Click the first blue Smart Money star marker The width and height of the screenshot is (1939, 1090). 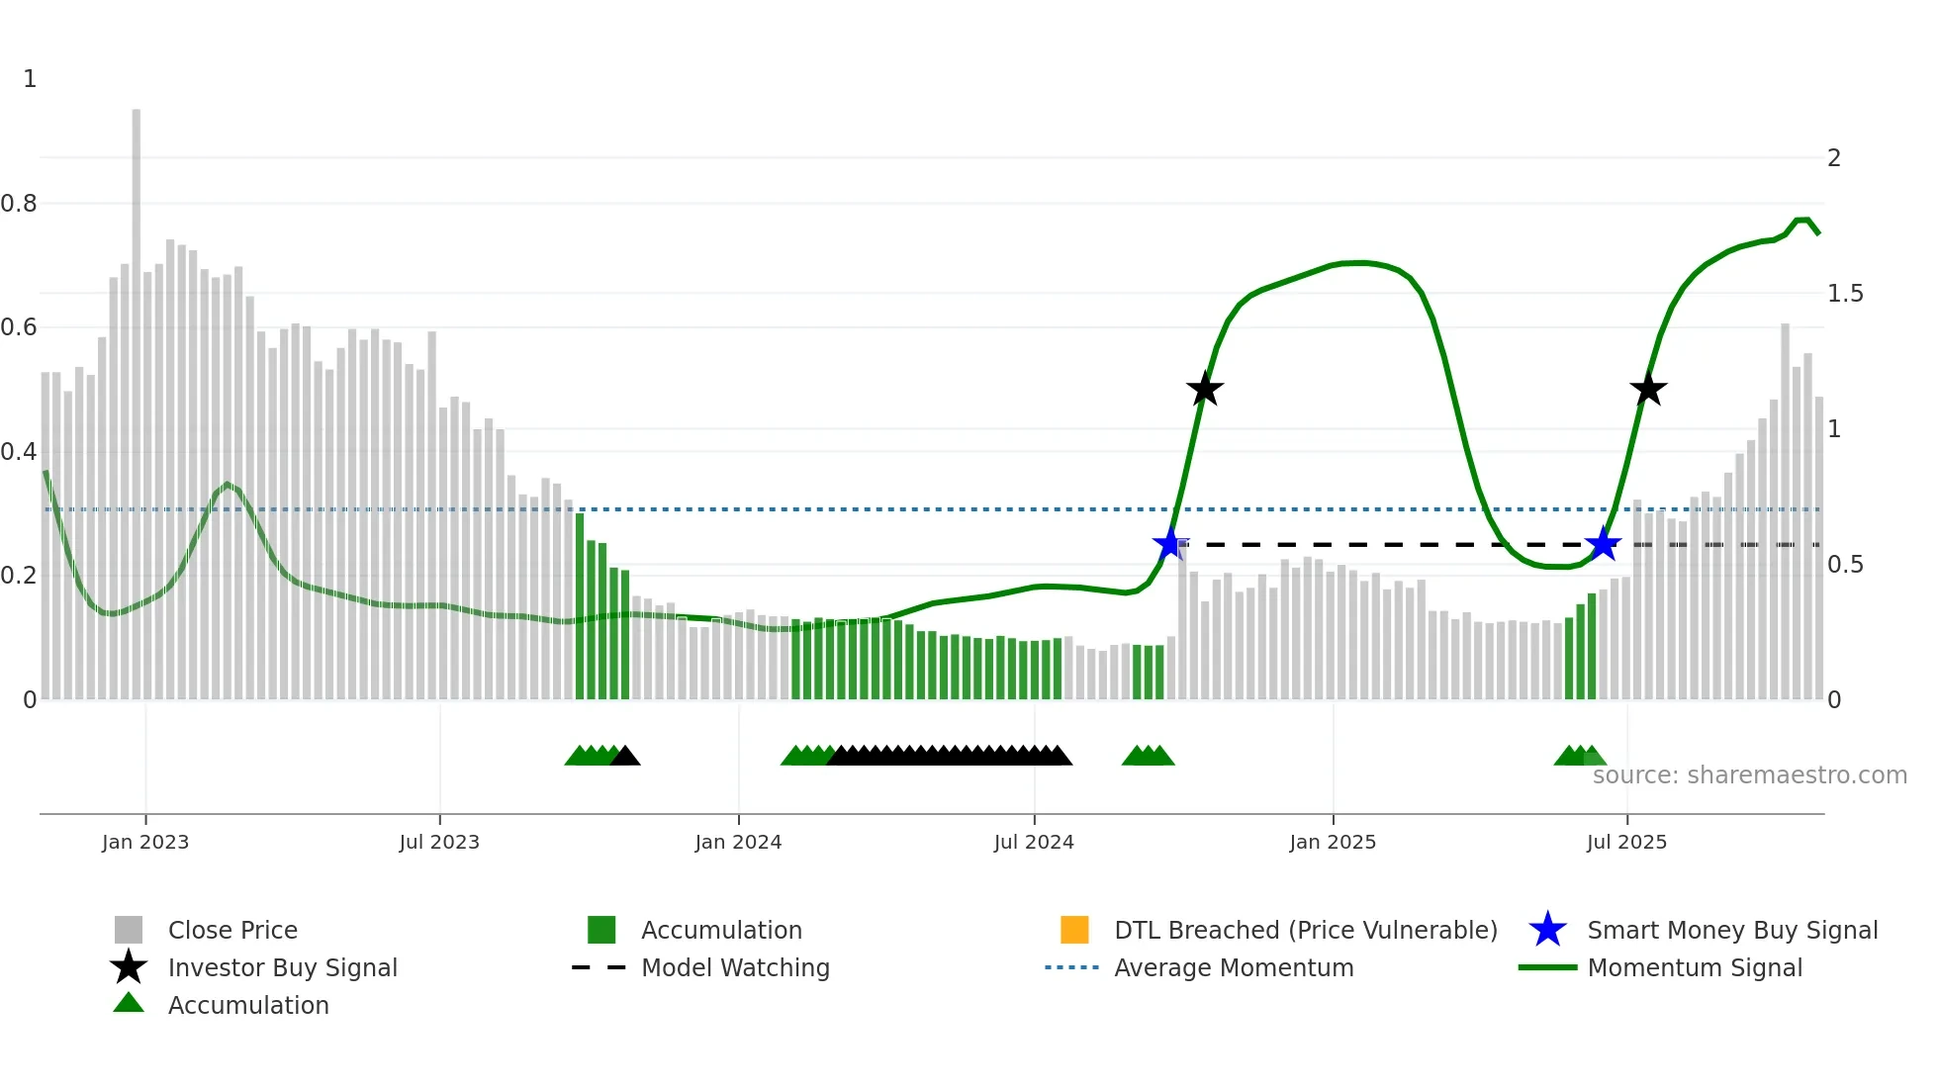pyautogui.click(x=1170, y=544)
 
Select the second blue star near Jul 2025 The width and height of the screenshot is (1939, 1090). pyautogui.click(x=1603, y=544)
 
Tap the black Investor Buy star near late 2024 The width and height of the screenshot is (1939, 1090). pyautogui.click(x=1204, y=390)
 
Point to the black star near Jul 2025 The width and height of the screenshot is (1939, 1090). pyautogui.click(x=1648, y=390)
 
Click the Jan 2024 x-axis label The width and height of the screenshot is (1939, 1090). pyautogui.click(x=738, y=842)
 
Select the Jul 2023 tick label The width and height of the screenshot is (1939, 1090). pyautogui.click(x=439, y=842)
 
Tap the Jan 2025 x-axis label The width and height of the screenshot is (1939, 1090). pyautogui.click(x=1333, y=842)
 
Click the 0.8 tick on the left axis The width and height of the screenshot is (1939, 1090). pyautogui.click(x=19, y=204)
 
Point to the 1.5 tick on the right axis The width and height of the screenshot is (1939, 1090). pyautogui.click(x=1845, y=294)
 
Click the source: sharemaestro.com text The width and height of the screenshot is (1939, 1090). pyautogui.click(x=1749, y=775)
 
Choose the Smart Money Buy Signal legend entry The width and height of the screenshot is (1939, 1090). pyautogui.click(x=1731, y=930)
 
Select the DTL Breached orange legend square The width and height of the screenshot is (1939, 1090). pyautogui.click(x=1074, y=930)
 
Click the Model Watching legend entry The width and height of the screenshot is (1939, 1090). pyautogui.click(x=735, y=967)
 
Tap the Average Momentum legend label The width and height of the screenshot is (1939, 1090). pyautogui.click(x=1234, y=967)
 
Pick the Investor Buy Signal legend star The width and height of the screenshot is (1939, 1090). pyautogui.click(x=129, y=967)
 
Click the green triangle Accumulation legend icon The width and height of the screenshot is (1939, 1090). pyautogui.click(x=129, y=1004)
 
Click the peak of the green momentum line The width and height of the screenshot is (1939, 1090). pyautogui.click(x=1802, y=220)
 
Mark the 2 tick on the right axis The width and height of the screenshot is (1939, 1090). pyautogui.click(x=1834, y=158)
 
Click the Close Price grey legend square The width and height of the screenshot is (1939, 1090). pyautogui.click(x=129, y=930)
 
